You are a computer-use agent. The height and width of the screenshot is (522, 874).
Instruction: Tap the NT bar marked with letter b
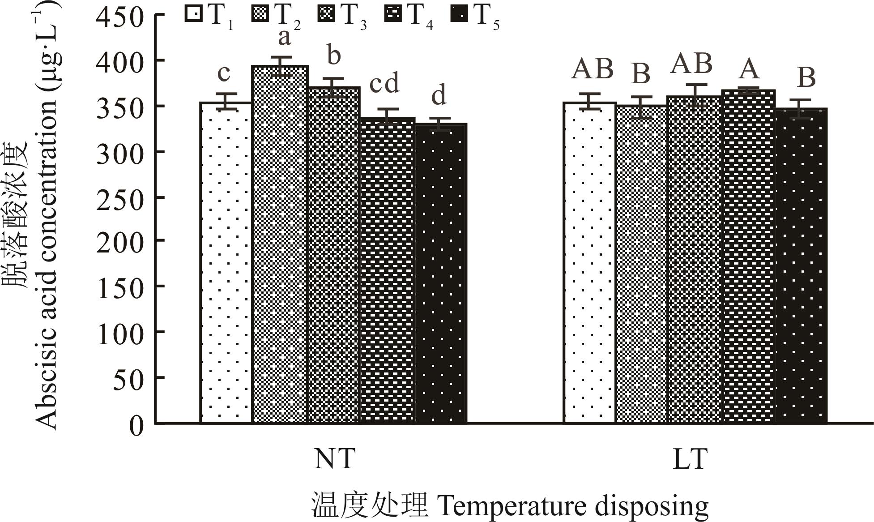[334, 255]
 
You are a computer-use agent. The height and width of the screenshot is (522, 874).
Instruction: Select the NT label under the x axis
[335, 459]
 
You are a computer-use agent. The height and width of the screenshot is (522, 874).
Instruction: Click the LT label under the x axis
[690, 459]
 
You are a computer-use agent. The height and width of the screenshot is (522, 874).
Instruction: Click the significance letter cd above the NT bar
[384, 84]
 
